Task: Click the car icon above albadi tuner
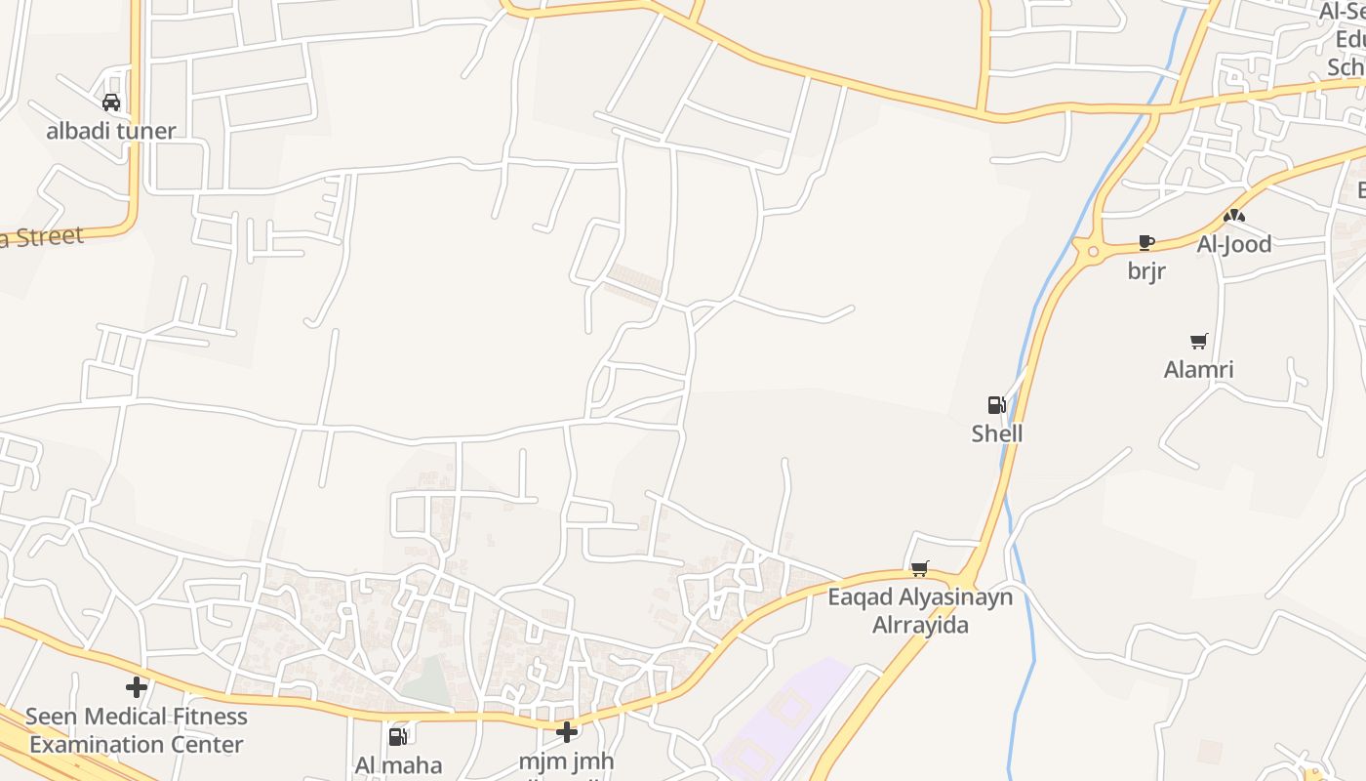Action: pyautogui.click(x=111, y=102)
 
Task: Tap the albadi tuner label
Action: pyautogui.click(x=111, y=131)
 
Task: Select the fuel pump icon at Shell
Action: pyautogui.click(x=996, y=405)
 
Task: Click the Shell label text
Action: pyautogui.click(x=996, y=433)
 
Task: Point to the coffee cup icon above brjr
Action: pyautogui.click(x=1146, y=242)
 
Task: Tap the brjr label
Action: pyautogui.click(x=1146, y=271)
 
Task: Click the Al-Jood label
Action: pyautogui.click(x=1234, y=244)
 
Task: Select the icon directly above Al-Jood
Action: pyautogui.click(x=1234, y=216)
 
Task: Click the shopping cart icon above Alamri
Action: pyautogui.click(x=1199, y=341)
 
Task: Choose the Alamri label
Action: pyautogui.click(x=1199, y=370)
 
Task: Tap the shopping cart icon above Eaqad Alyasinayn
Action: pyautogui.click(x=919, y=568)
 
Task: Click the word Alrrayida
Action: pyautogui.click(x=920, y=625)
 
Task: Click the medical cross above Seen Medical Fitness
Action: pyautogui.click(x=137, y=687)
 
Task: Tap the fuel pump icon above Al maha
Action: pyautogui.click(x=398, y=736)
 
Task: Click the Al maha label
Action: pyautogui.click(x=398, y=764)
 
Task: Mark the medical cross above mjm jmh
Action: pyautogui.click(x=567, y=731)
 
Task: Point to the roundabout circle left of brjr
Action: pyautogui.click(x=1093, y=251)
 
